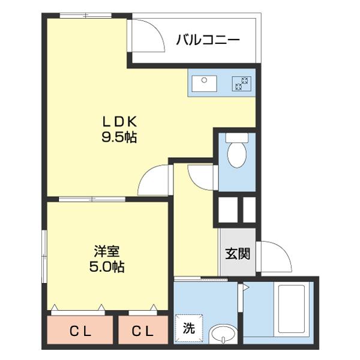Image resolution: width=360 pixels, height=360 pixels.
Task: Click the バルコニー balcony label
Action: (x=208, y=40)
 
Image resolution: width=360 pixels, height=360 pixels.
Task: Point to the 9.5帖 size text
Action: (x=119, y=137)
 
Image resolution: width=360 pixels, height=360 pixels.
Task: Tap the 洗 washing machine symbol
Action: (x=189, y=329)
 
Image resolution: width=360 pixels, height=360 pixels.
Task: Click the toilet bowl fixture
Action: (x=238, y=153)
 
